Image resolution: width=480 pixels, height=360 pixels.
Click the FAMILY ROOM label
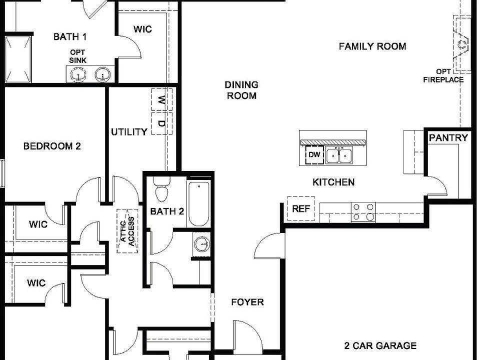tap(372, 46)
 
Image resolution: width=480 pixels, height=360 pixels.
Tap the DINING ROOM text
tap(241, 90)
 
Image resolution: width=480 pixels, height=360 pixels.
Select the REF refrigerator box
tap(301, 209)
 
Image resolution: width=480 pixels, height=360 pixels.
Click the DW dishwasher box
tap(314, 155)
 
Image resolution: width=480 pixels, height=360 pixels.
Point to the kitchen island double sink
tap(339, 156)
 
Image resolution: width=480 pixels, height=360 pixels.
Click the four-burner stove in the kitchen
tap(363, 211)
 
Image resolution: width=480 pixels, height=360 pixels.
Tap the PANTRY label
tap(448, 138)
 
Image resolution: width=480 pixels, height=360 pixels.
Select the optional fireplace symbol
tap(462, 45)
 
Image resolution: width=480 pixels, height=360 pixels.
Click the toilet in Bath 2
tap(161, 190)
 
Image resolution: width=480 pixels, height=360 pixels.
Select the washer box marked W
tap(161, 100)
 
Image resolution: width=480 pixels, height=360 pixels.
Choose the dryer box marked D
tap(161, 123)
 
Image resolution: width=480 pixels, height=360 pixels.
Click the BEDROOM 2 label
tap(52, 146)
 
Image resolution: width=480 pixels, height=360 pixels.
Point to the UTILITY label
tap(129, 132)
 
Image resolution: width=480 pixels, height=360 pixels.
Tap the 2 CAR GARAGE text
tap(380, 345)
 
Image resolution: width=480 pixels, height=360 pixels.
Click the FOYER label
tap(247, 302)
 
